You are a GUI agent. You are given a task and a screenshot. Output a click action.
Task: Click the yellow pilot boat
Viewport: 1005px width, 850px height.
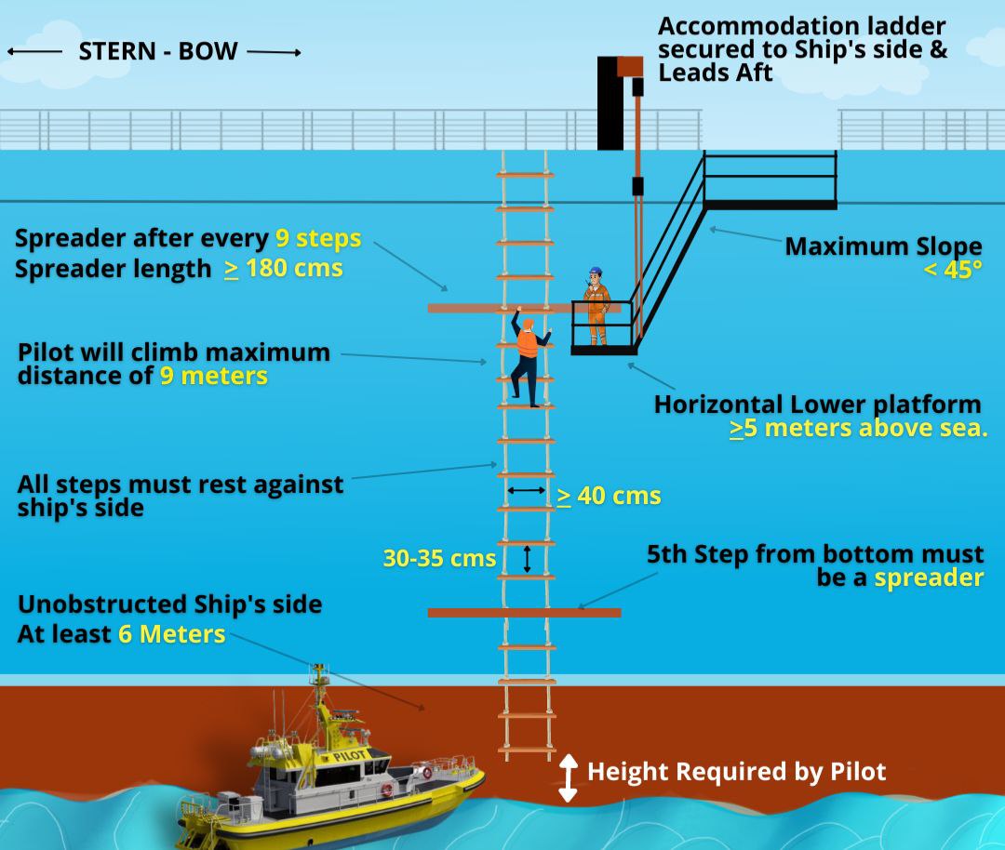335,781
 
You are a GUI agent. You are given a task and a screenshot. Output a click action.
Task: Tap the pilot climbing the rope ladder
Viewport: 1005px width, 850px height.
527,358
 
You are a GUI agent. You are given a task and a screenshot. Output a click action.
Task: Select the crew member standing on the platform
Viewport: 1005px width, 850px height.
595,307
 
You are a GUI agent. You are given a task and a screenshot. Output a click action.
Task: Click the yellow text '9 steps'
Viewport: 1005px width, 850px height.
317,238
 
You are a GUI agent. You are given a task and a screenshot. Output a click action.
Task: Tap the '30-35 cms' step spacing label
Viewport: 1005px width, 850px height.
439,558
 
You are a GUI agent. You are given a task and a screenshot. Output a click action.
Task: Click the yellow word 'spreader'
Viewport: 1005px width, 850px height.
928,578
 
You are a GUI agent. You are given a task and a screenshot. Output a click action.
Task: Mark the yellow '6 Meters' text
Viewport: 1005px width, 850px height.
171,634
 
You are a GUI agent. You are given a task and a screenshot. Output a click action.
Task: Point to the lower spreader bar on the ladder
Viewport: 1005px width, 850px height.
524,613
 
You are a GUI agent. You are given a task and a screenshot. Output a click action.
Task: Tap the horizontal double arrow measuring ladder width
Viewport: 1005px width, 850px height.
527,489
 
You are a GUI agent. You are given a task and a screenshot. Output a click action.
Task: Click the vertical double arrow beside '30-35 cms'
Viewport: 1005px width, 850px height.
527,558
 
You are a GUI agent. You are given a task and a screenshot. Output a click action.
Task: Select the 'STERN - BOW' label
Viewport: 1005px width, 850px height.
157,51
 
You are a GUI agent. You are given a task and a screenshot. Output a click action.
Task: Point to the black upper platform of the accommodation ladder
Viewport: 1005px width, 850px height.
770,204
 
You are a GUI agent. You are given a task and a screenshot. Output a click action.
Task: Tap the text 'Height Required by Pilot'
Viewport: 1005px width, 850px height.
736,771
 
